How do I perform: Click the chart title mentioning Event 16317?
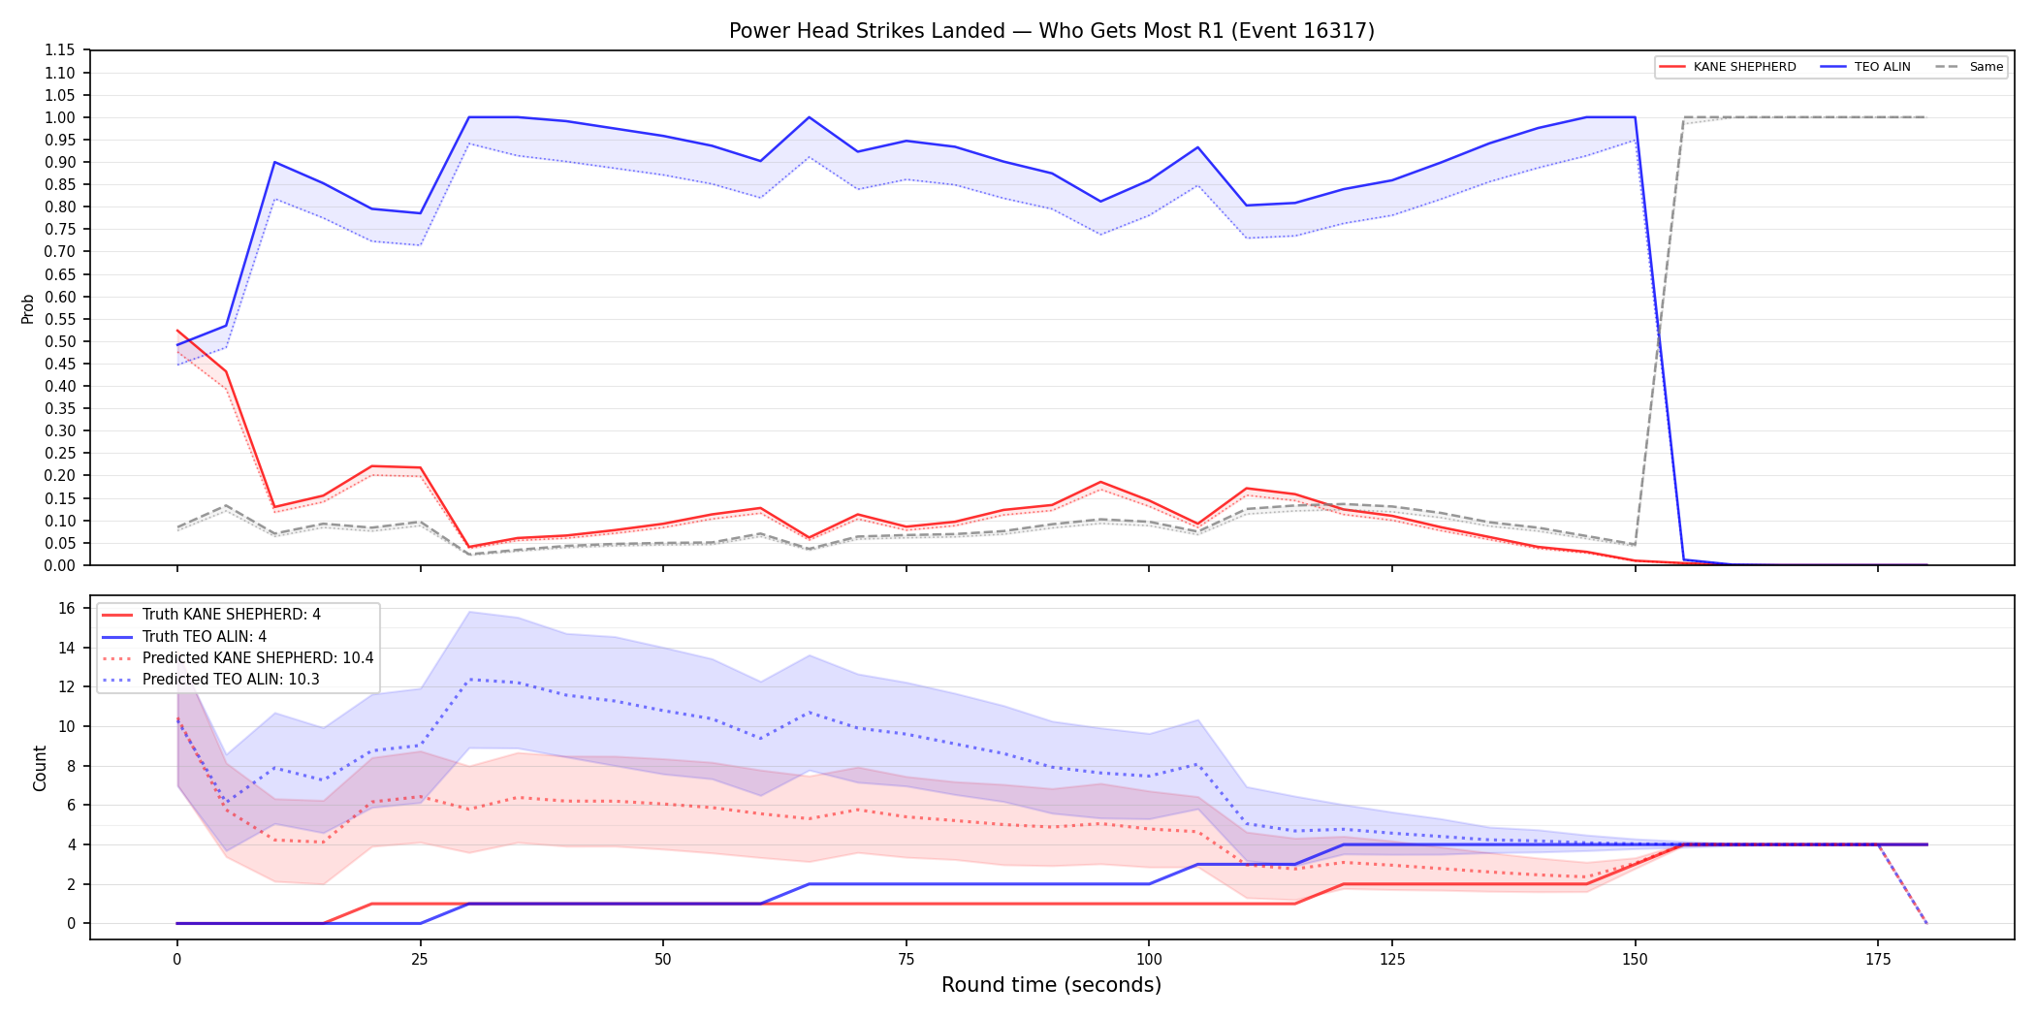(x=1051, y=31)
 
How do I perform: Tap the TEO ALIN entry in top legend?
(x=1865, y=67)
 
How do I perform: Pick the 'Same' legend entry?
(x=1969, y=67)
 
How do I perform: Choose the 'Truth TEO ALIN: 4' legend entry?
(x=184, y=636)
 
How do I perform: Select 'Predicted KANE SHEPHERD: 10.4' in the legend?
(x=238, y=657)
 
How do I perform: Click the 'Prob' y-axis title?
(x=28, y=308)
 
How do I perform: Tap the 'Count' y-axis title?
(x=40, y=768)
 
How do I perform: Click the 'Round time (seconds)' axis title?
(x=1051, y=985)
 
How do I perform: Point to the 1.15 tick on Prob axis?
(x=59, y=50)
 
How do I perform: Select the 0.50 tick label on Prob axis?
(x=59, y=341)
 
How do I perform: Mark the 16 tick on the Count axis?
(x=67, y=608)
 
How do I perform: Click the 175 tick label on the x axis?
(x=1878, y=960)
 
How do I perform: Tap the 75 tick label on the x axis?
(x=906, y=960)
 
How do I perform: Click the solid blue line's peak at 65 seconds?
(x=809, y=117)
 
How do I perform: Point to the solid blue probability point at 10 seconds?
(x=274, y=162)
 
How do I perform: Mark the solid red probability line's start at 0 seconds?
(x=177, y=331)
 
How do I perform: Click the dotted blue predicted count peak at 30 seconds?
(x=469, y=679)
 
